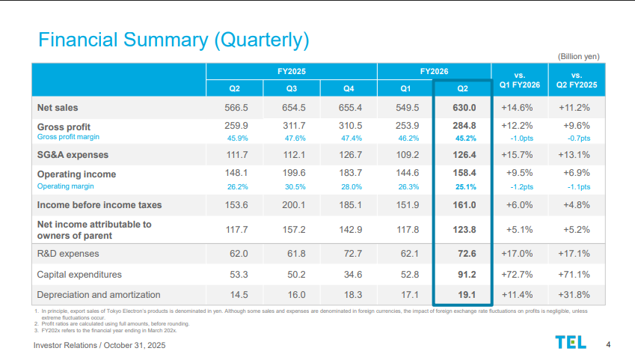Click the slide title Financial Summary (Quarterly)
point(174,39)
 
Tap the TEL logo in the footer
point(571,342)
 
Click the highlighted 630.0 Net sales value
point(463,107)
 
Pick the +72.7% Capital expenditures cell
point(521,274)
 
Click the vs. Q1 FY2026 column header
point(521,79)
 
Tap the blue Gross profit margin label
point(68,137)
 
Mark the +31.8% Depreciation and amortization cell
point(574,294)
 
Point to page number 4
point(608,344)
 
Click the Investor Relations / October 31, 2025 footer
point(99,345)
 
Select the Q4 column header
point(349,88)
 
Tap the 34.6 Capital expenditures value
point(350,274)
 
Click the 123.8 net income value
point(463,230)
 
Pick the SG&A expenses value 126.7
point(350,155)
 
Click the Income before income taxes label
point(99,204)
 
